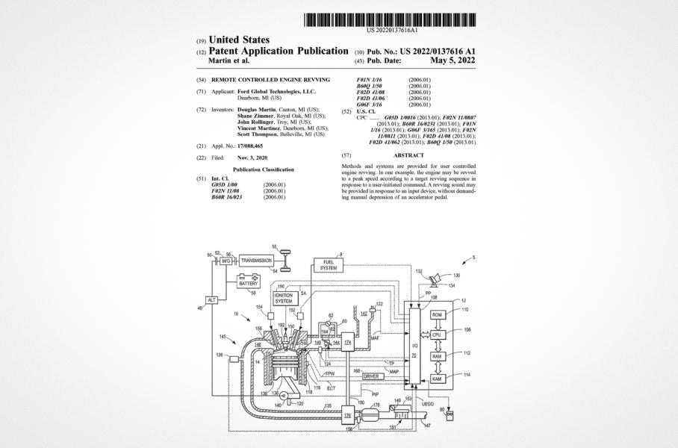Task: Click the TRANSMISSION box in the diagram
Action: (256, 261)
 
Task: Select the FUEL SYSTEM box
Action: (329, 265)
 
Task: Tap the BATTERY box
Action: (248, 282)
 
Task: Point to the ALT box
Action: (211, 299)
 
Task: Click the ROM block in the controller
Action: (438, 315)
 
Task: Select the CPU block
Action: (438, 336)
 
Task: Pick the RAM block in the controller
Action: (438, 357)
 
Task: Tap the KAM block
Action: (438, 379)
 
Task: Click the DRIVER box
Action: (372, 376)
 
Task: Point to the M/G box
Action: (226, 261)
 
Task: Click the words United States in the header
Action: (240, 40)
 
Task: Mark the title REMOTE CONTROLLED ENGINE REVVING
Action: (270, 79)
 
